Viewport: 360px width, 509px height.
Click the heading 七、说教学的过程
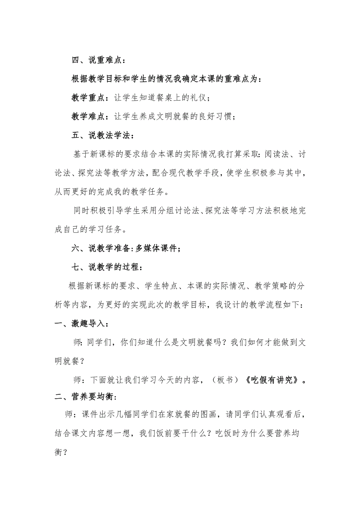tap(106, 267)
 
